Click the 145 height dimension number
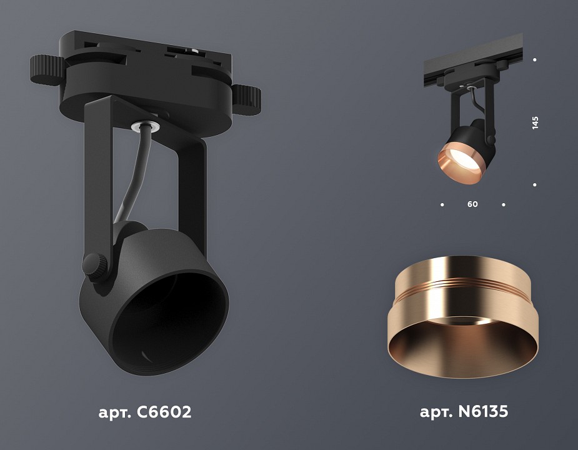click(535, 122)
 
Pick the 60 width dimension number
click(472, 204)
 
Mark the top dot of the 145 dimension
click(535, 60)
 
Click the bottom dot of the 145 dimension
click(535, 184)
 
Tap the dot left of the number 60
click(442, 204)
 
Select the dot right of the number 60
click(504, 204)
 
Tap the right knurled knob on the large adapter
click(247, 97)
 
